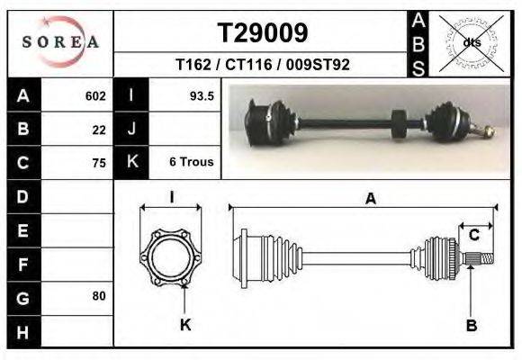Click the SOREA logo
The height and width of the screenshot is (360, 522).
(x=60, y=42)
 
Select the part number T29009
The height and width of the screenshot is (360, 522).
(x=263, y=32)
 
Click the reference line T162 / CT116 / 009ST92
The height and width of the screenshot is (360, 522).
(x=263, y=65)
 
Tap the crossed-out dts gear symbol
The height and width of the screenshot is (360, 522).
(x=471, y=42)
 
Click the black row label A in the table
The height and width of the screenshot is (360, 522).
(x=22, y=95)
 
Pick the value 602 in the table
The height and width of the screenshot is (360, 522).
(x=95, y=95)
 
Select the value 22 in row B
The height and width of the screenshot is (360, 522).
(x=99, y=129)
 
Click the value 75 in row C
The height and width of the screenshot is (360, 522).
(x=99, y=163)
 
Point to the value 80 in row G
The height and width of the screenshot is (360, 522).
(x=99, y=296)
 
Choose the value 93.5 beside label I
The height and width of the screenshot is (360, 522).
(x=201, y=95)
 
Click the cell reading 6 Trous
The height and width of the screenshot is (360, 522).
(x=191, y=162)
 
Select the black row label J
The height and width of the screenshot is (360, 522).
(x=131, y=129)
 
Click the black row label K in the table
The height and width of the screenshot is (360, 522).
(x=131, y=162)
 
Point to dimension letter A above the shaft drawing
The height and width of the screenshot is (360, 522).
(x=370, y=200)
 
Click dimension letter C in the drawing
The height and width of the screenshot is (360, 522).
(x=473, y=236)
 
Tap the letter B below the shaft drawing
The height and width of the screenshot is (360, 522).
(x=471, y=326)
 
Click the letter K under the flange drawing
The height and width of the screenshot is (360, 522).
(x=184, y=325)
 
